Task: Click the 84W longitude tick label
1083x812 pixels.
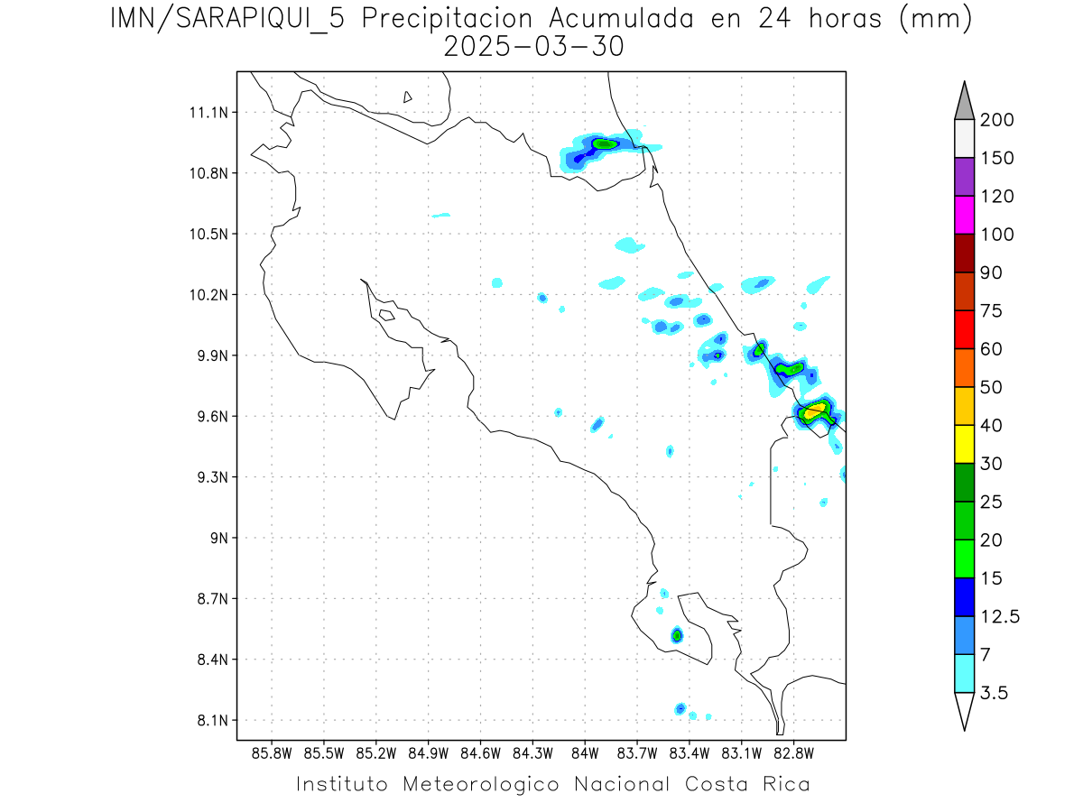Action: pos(585,752)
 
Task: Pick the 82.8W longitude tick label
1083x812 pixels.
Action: pos(793,752)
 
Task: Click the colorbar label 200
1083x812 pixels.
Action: pos(997,120)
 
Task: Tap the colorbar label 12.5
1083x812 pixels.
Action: pos(1000,616)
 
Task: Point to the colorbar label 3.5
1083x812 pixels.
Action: pos(995,693)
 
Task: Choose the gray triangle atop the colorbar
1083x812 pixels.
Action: pos(963,101)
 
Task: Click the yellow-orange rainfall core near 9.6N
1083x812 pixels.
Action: pos(815,411)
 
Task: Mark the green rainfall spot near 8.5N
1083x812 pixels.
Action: pos(677,635)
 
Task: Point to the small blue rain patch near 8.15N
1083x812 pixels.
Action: pos(680,708)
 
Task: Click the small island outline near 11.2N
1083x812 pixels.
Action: pos(408,97)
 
